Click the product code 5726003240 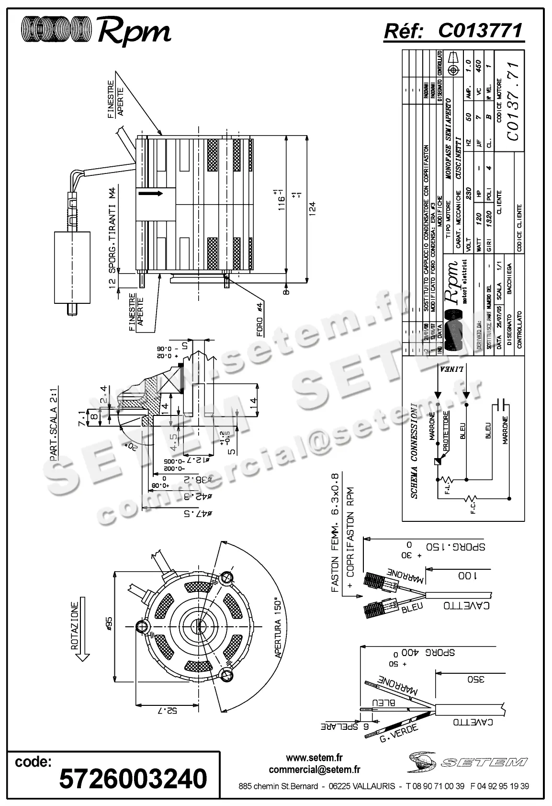coord(133,779)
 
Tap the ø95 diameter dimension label coord(109,625)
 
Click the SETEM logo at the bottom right coord(467,761)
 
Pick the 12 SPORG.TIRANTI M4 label coord(113,237)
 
